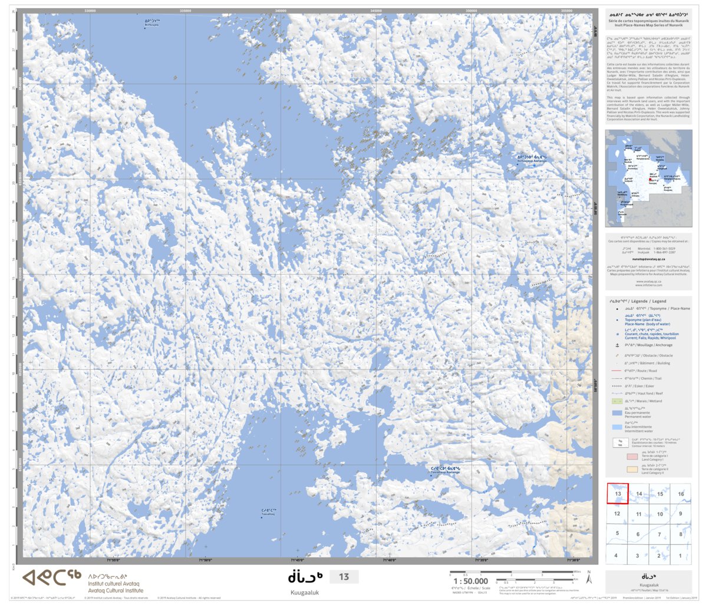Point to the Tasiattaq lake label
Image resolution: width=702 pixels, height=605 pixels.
point(268,512)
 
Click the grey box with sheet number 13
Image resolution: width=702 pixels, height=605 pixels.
point(344,577)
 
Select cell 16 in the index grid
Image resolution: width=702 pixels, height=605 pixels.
point(681,494)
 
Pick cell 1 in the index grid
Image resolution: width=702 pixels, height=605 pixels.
point(681,555)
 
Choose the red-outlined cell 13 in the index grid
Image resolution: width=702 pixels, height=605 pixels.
point(618,494)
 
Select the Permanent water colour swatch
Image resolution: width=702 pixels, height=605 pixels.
point(617,413)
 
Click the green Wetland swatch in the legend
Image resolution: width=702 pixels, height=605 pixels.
point(617,401)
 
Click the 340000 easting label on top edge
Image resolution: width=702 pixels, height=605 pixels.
point(281,11)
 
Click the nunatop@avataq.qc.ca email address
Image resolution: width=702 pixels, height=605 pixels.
point(648,259)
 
